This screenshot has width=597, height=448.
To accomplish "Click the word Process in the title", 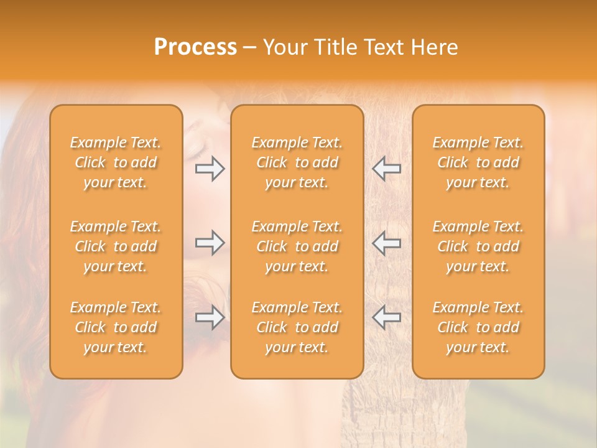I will (195, 47).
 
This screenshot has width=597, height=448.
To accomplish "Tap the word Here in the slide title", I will (435, 47).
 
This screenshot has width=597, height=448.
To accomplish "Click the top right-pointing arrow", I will (210, 169).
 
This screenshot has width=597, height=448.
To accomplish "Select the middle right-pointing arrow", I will (210, 243).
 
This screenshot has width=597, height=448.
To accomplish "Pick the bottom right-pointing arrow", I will (210, 317).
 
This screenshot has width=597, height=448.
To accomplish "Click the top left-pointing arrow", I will (386, 169).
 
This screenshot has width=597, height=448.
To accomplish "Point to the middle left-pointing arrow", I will (386, 243).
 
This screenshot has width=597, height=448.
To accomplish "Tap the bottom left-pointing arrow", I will (386, 317).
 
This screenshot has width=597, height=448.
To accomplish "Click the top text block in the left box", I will (116, 162).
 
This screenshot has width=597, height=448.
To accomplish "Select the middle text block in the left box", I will (116, 246).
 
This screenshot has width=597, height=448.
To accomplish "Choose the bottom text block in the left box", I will (116, 327).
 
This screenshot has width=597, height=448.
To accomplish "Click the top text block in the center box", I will (297, 162).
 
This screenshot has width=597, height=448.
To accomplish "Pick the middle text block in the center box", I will (297, 246).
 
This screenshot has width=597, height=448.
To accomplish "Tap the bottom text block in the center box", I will (297, 327).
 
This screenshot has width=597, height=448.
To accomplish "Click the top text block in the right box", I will (478, 162).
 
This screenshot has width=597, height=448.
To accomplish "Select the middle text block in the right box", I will (478, 246).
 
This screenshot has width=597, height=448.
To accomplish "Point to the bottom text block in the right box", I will (478, 327).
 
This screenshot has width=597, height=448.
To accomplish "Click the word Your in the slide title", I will (284, 47).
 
